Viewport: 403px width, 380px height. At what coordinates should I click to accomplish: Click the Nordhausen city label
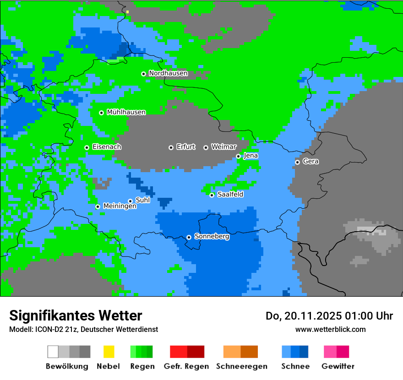(168, 73)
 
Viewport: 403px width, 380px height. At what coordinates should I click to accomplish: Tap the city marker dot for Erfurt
(171, 147)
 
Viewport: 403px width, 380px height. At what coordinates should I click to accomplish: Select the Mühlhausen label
(126, 112)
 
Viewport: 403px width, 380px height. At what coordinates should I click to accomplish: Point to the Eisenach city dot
(87, 147)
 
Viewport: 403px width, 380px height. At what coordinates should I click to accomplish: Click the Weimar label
(223, 147)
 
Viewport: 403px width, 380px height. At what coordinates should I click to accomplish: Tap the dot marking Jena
(238, 156)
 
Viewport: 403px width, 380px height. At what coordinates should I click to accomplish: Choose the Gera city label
(310, 162)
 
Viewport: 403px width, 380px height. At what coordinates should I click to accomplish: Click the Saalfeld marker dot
(212, 195)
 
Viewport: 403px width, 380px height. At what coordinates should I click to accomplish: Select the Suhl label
(142, 200)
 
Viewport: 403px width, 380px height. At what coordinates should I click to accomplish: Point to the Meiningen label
(120, 206)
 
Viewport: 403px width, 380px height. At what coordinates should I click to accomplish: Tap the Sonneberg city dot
(189, 237)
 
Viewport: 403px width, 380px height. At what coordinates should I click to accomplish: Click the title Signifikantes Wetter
(76, 315)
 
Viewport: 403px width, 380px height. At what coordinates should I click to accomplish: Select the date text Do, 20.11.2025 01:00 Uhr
(329, 316)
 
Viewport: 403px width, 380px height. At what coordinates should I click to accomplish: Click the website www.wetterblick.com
(330, 329)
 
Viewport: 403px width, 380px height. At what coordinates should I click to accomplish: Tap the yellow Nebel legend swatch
(109, 352)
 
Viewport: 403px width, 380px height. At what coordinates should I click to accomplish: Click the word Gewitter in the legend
(338, 366)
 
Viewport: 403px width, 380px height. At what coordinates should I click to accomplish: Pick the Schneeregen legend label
(241, 366)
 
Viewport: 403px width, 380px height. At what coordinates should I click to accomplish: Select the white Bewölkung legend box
(53, 352)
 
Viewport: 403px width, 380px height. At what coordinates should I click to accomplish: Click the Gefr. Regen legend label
(186, 366)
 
